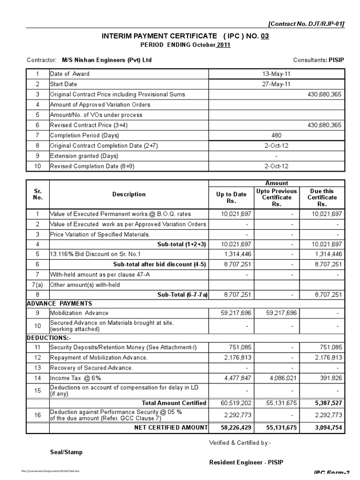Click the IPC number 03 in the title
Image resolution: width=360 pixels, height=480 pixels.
[265, 36]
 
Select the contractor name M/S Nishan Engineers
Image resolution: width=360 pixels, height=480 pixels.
[107, 60]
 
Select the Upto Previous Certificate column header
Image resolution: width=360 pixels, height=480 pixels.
[277, 197]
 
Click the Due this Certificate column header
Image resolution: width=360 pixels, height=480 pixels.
[322, 197]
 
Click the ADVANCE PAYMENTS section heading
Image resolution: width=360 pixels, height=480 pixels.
[59, 303]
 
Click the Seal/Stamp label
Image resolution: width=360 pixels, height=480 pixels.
[66, 452]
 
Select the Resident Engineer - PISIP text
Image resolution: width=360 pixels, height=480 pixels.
[246, 463]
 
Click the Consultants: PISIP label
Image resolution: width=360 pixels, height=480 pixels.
[319, 60]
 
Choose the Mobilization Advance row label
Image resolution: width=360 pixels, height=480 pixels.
[79, 313]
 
